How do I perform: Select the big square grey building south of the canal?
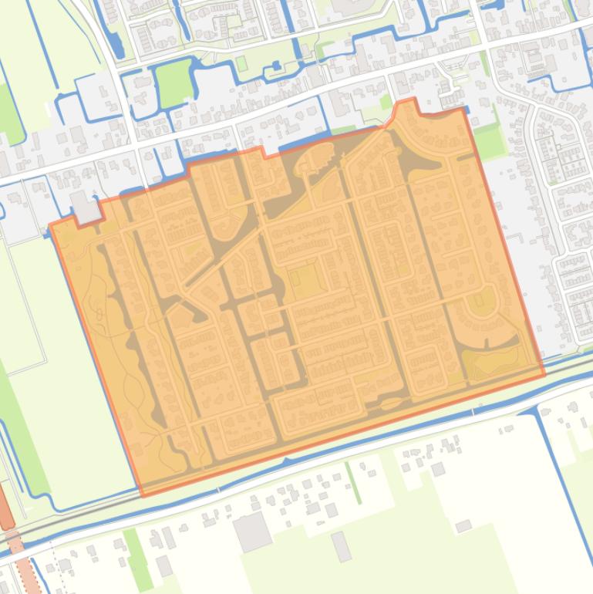click(x=252, y=532)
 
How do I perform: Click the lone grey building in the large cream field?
click(x=463, y=526)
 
